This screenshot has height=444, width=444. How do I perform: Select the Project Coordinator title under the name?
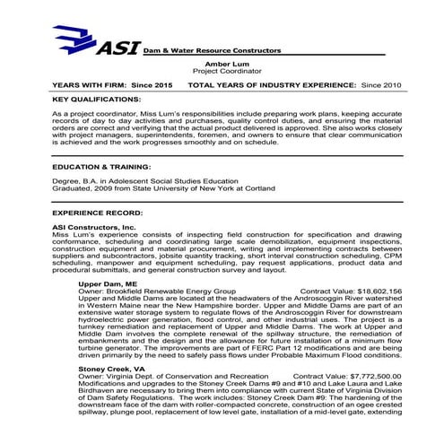220,71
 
